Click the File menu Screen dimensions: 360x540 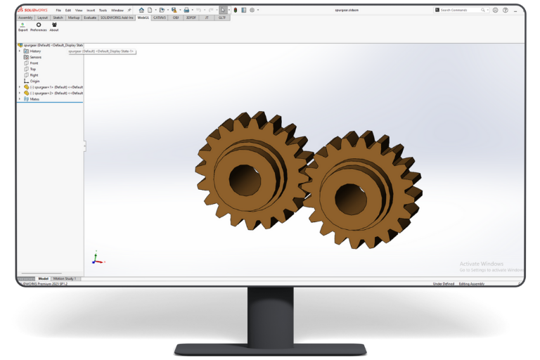(x=58, y=11)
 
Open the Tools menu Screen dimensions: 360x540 (x=103, y=11)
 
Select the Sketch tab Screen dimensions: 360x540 (x=58, y=18)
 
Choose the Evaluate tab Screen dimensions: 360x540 (x=90, y=18)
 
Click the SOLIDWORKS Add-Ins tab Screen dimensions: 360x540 (x=117, y=18)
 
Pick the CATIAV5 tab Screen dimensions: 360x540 (x=160, y=18)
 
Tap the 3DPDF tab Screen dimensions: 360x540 (x=191, y=18)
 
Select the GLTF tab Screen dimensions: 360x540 (x=221, y=18)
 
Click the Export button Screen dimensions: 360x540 (x=23, y=27)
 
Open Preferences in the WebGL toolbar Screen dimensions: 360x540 (x=38, y=27)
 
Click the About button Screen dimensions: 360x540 (x=54, y=27)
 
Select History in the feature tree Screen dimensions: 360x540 (x=35, y=51)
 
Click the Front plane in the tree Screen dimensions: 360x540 (x=34, y=63)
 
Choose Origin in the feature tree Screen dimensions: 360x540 (x=34, y=81)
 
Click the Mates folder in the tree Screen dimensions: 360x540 (x=34, y=99)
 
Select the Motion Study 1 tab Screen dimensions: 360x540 (x=66, y=279)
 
